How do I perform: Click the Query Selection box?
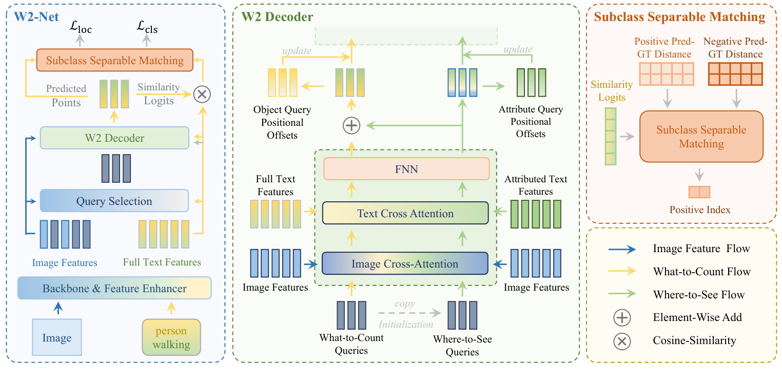[x=114, y=201]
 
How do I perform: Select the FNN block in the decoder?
[x=406, y=168]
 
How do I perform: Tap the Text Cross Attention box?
[x=405, y=213]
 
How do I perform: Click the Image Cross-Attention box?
[x=404, y=264]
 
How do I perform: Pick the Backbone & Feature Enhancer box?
[x=114, y=288]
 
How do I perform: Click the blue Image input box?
[x=56, y=337]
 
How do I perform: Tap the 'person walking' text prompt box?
[x=171, y=337]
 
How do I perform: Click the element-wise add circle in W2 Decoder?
[x=351, y=125]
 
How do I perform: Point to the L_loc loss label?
[x=81, y=28]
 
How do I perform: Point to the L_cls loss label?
[x=147, y=28]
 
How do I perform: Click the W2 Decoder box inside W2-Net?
[x=114, y=138]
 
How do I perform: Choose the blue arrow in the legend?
[x=622, y=249]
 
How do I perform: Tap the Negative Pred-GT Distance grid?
[x=734, y=73]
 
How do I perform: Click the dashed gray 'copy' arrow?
[x=409, y=313]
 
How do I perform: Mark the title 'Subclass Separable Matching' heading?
[x=679, y=17]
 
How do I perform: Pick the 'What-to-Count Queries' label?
[x=351, y=343]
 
